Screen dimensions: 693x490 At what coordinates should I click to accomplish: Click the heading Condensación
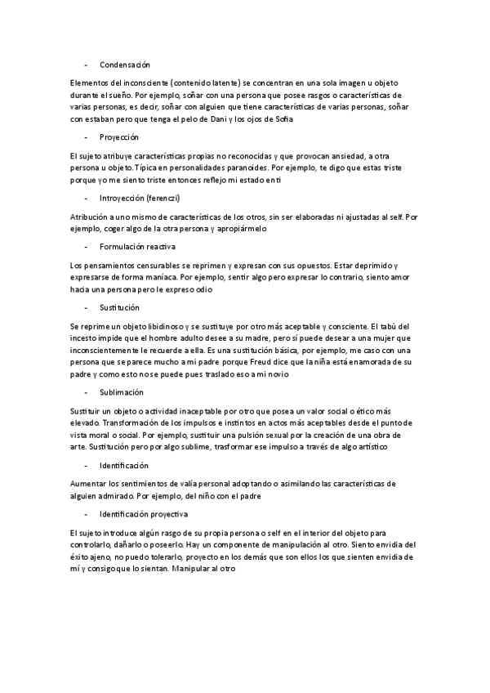click(x=124, y=64)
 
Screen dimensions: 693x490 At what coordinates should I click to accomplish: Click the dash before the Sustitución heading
click(x=86, y=306)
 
